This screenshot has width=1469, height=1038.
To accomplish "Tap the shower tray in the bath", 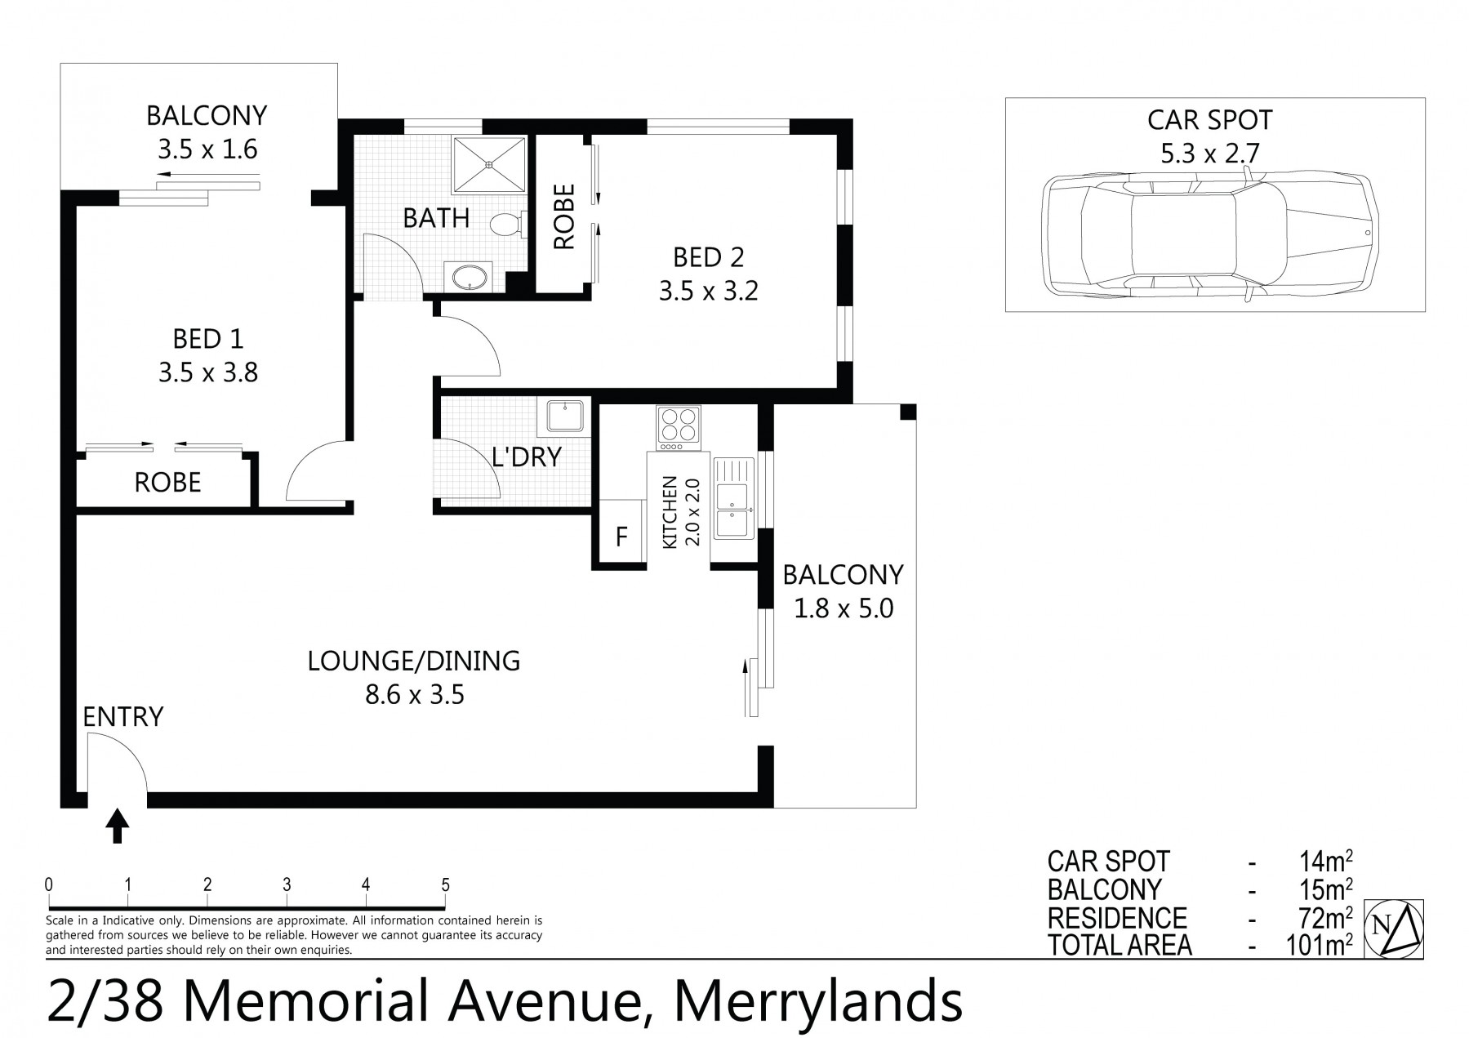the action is click(489, 164).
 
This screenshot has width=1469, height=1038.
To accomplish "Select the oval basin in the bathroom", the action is click(468, 276).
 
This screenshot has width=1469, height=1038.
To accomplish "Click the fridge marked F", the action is click(621, 536).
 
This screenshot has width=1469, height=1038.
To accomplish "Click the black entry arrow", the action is click(118, 826).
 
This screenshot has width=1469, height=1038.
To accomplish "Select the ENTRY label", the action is click(123, 717).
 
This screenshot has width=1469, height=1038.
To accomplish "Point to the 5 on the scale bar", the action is click(446, 884).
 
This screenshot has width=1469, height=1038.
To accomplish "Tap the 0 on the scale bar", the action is click(50, 884).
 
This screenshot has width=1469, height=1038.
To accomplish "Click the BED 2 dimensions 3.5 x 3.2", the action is click(709, 291).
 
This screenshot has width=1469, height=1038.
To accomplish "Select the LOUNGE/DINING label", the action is click(414, 660).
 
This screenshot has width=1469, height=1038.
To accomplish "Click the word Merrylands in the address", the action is click(818, 1001).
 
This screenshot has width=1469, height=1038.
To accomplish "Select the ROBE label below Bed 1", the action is click(167, 483).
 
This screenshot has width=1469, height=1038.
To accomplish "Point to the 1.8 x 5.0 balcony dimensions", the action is click(844, 608).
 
